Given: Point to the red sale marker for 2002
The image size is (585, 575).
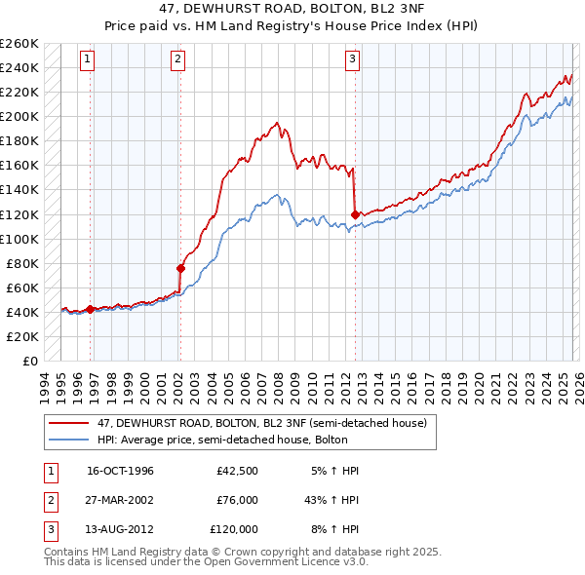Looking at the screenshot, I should pyautogui.click(x=180, y=268).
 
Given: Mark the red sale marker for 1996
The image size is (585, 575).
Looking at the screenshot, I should pyautogui.click(x=91, y=309).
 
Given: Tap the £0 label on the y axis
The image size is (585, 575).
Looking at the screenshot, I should pyautogui.click(x=30, y=361).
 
